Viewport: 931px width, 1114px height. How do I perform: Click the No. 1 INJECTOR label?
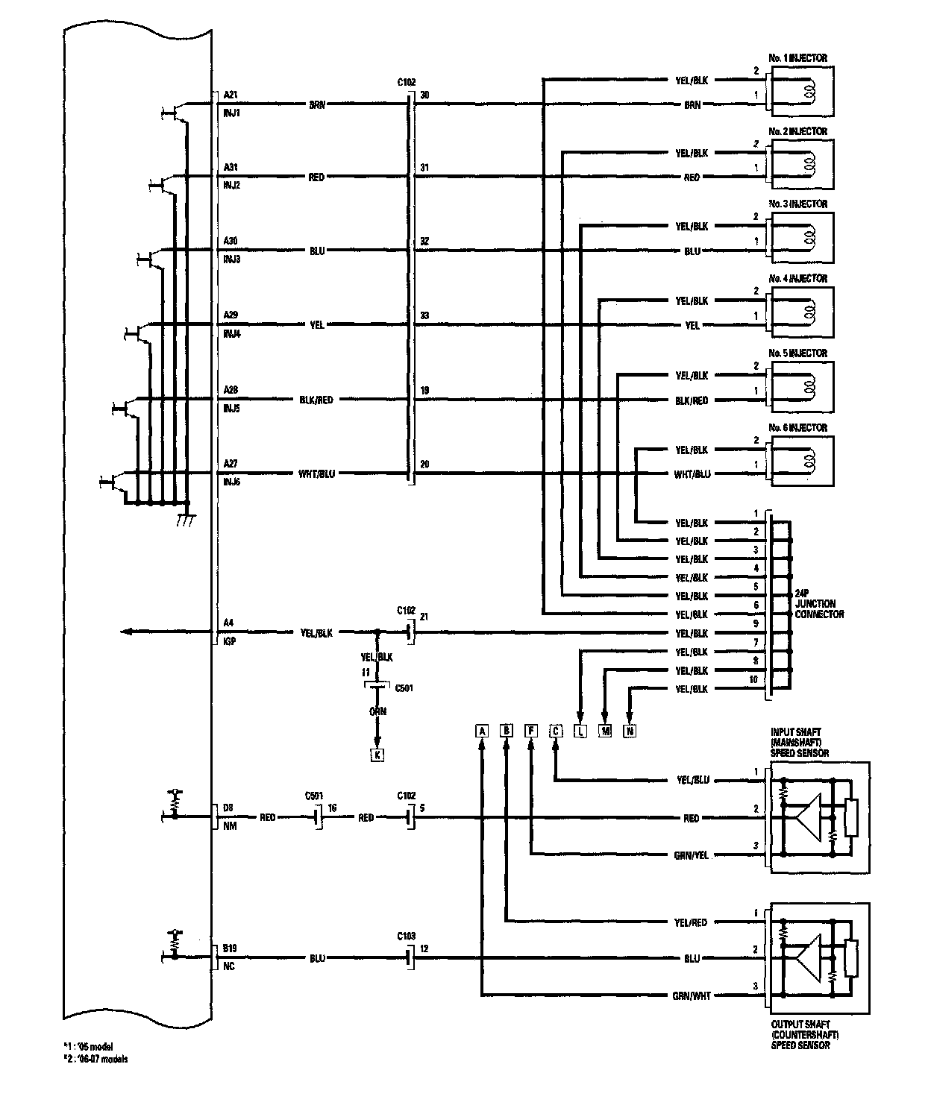797,58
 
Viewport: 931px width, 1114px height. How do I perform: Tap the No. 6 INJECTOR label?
797,428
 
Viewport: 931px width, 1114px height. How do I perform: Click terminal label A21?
231,95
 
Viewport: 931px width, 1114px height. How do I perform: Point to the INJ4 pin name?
232,335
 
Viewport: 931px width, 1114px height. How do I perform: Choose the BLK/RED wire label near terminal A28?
316,400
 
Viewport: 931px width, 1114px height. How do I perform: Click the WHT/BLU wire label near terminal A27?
317,473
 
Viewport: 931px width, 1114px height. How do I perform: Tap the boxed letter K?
377,755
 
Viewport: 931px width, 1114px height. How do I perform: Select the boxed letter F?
531,731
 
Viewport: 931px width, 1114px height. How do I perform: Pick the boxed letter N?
630,731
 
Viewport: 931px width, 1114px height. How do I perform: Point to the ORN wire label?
378,711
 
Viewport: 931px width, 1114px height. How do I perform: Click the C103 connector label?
407,936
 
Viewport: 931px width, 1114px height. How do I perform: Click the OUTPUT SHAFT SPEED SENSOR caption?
805,1035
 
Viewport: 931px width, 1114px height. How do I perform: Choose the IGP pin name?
229,641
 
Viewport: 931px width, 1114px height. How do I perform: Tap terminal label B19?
231,949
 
